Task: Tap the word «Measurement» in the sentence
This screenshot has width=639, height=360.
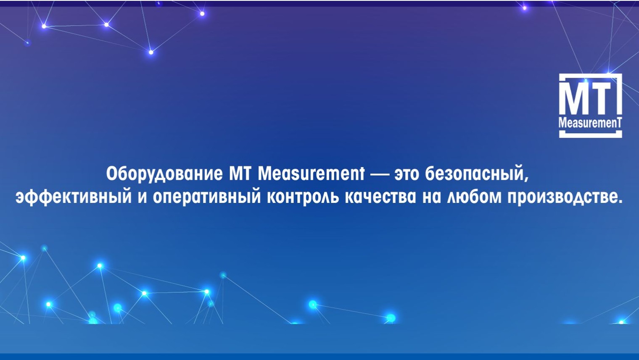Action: point(311,174)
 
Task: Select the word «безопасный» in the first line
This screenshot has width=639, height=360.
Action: point(474,174)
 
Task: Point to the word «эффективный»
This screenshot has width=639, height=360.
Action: point(73,197)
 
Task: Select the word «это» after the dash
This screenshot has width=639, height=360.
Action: point(407,174)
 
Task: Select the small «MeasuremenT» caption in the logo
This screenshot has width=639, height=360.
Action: point(590,123)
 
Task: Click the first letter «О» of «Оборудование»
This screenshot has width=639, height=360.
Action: point(111,174)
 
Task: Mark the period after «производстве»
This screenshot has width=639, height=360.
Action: point(620,202)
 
